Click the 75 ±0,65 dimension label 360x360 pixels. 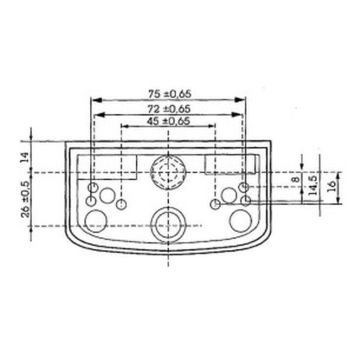[170, 94]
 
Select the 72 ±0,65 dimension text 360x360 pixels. [169, 109]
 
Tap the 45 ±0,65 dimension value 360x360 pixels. [168, 121]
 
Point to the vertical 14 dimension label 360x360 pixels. [24, 157]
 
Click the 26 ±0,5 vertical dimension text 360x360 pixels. [26, 199]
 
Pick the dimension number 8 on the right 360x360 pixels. [295, 179]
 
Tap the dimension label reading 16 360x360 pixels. [332, 187]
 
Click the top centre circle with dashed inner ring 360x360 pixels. [168, 172]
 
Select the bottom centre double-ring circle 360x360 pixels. [168, 223]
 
